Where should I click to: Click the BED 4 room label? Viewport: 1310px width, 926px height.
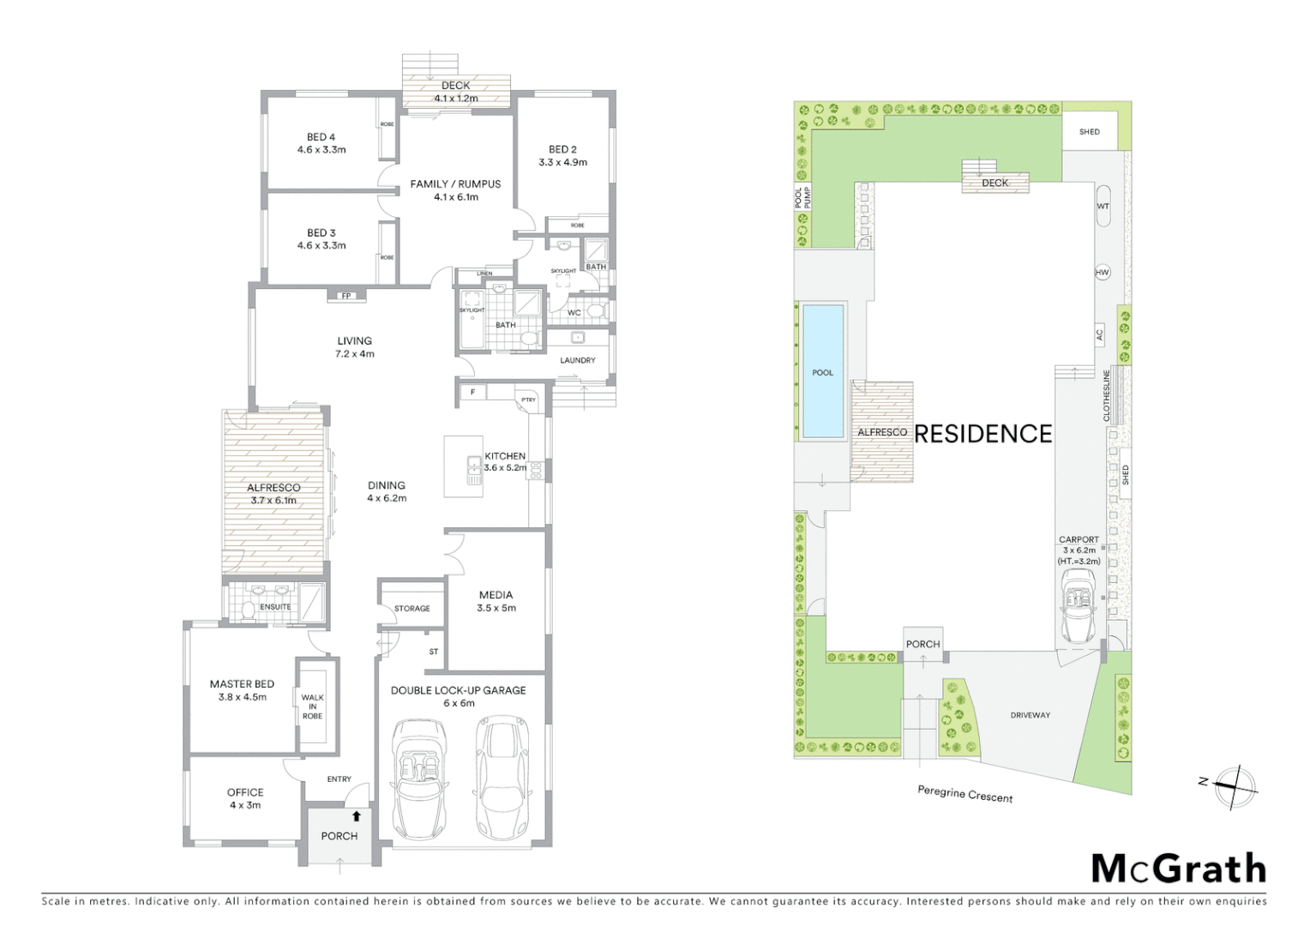[321, 137]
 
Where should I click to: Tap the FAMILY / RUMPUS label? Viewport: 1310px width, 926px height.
[455, 183]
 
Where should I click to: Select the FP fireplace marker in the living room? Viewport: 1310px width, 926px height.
[346, 296]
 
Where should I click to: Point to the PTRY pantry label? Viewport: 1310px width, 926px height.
[528, 400]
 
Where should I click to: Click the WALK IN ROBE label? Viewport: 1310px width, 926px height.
[312, 707]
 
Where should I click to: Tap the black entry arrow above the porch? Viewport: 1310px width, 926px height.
[357, 816]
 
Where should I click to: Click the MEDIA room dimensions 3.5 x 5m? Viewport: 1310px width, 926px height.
[496, 608]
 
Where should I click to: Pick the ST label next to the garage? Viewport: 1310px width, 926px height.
[434, 652]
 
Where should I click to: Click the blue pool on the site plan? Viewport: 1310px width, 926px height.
[822, 370]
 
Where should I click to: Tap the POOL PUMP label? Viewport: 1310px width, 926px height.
[802, 198]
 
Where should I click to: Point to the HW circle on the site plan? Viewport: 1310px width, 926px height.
[1103, 273]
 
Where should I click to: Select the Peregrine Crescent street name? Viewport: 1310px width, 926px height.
[964, 794]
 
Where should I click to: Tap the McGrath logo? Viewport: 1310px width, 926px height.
[1179, 869]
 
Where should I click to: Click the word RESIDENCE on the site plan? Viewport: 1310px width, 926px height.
[983, 434]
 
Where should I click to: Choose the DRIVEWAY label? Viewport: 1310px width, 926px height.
[1030, 714]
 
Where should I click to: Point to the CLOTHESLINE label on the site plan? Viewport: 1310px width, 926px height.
[1107, 395]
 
